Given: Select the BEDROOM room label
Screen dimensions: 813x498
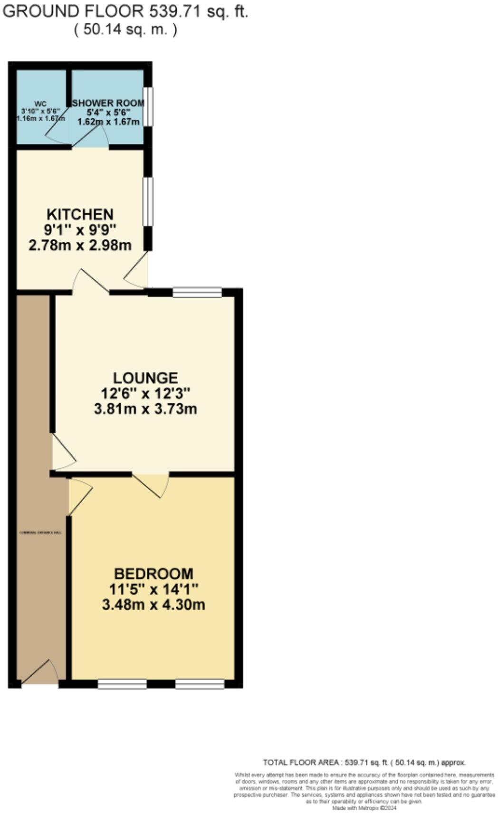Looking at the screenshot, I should coord(153,573).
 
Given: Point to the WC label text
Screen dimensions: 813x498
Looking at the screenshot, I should coord(40,104).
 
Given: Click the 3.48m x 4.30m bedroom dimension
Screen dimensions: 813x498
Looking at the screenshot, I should coord(153,605).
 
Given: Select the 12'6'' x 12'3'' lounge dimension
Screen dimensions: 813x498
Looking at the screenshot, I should coord(145,393).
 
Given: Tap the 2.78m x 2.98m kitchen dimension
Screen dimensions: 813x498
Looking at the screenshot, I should coord(80,245).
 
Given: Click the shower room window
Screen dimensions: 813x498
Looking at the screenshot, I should coord(148,106).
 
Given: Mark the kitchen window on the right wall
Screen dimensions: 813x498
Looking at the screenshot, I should coord(148,201).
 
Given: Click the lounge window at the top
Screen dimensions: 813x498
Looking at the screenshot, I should coord(197,292).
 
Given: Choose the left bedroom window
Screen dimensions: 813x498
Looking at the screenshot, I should coord(122,684).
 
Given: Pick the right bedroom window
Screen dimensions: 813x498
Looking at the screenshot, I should coord(200,684).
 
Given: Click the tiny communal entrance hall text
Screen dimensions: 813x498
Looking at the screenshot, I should coord(40,532).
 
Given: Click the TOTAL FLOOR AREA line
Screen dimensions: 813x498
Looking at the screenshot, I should coord(364,762).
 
